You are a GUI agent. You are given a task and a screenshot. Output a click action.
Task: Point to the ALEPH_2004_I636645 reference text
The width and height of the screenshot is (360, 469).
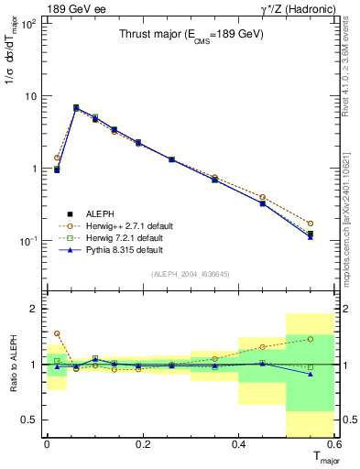pos(190,273)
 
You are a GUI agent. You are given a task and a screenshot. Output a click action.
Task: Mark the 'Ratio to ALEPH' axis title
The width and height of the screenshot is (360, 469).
pos(13,364)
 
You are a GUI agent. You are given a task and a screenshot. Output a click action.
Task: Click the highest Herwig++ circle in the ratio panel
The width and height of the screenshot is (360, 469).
pos(57,333)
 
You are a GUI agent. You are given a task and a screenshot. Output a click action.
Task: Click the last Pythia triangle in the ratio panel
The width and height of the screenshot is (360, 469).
pos(310,374)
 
